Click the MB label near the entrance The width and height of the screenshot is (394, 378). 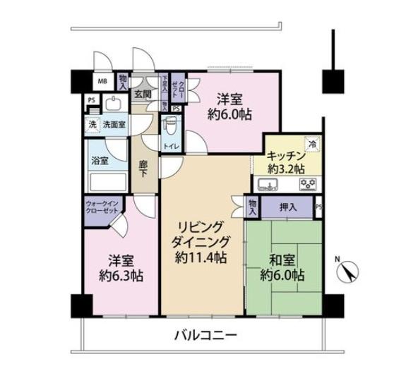(102, 81)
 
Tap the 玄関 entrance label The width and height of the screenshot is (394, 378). (143, 93)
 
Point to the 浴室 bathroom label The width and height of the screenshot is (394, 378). (100, 161)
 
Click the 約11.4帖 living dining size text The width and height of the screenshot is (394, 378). (201, 258)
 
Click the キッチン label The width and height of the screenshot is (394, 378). (286, 157)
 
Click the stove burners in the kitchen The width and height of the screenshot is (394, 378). (307, 186)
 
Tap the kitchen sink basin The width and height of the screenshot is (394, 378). (269, 186)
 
